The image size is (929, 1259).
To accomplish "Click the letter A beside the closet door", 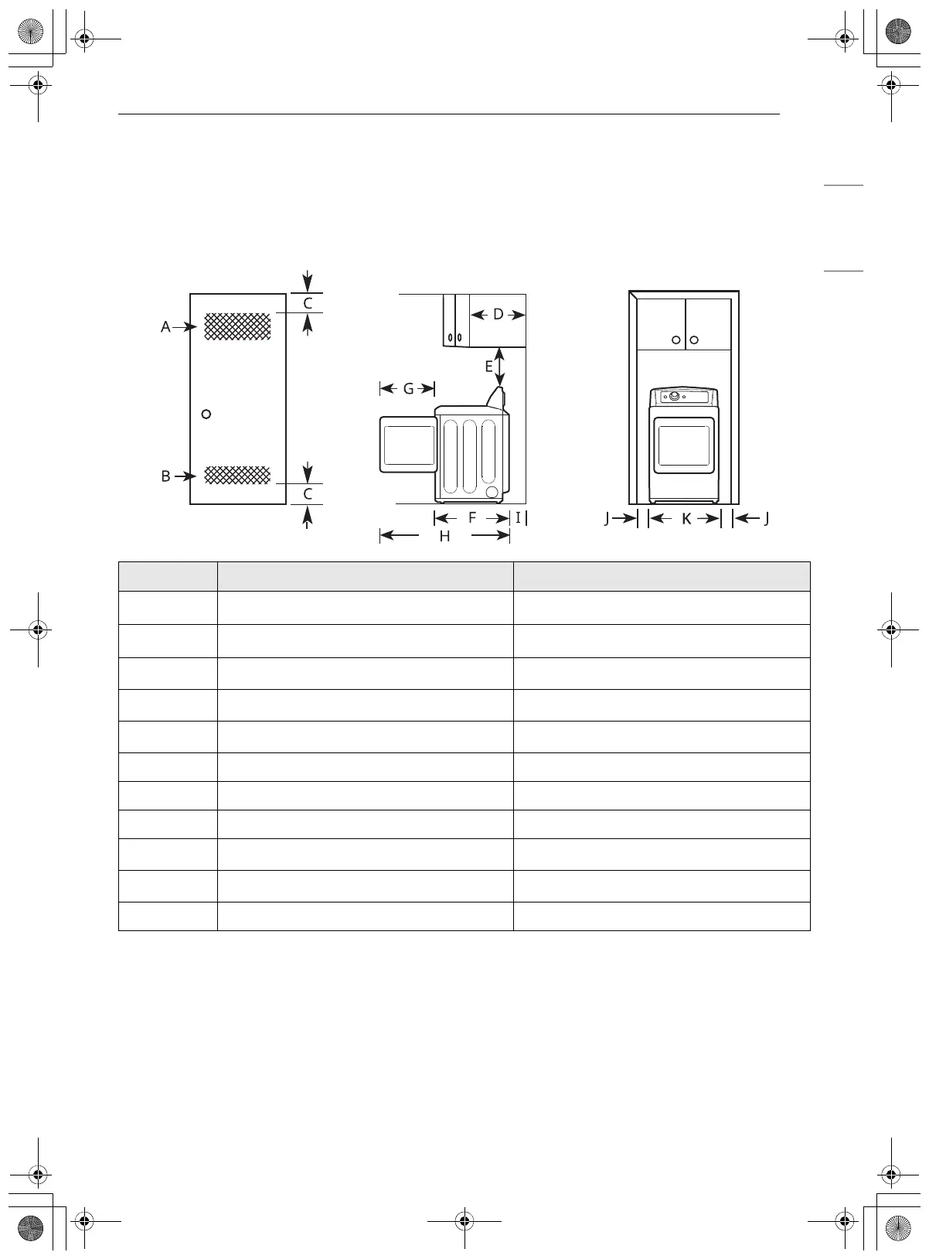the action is [x=165, y=327].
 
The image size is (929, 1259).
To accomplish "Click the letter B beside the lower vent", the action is [x=165, y=476].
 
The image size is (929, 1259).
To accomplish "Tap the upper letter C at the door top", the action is [x=308, y=303].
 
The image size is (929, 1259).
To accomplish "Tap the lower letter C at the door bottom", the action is [x=308, y=494].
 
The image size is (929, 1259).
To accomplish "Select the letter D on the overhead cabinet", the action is [x=499, y=314].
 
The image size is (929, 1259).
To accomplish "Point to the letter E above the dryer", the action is [x=488, y=367].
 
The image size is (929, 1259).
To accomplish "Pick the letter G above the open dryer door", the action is [x=408, y=389].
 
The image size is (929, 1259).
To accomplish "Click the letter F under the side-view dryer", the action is [x=472, y=517].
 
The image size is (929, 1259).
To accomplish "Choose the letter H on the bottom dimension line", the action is [x=445, y=536].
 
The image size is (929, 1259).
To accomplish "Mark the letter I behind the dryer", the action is [x=518, y=517].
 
